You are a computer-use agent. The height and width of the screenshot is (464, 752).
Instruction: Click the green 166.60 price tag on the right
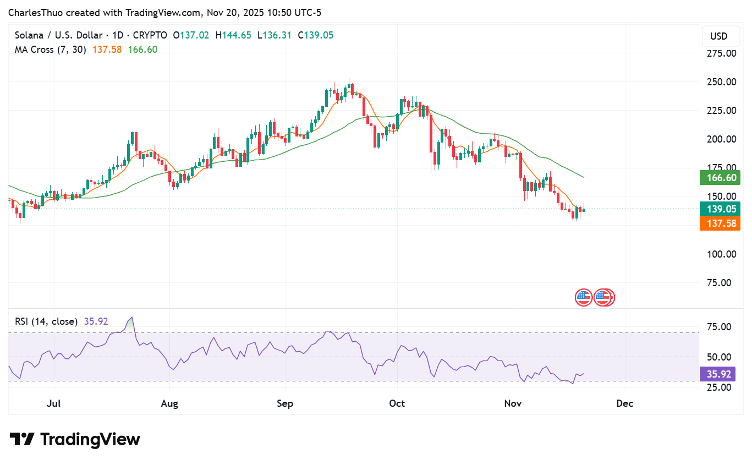pos(720,177)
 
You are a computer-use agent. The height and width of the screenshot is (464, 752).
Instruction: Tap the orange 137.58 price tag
pos(720,223)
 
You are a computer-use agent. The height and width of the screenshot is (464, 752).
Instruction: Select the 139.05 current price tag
pos(720,209)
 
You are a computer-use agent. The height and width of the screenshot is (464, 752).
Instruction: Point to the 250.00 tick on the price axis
pos(722,82)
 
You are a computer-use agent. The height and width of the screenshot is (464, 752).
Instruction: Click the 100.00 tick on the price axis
pos(722,254)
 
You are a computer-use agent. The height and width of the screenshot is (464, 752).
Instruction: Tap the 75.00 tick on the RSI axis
pos(719,327)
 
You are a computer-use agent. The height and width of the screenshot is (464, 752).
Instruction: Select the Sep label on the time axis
pos(285,403)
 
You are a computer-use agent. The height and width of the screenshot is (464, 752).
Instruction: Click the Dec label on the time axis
pos(625,403)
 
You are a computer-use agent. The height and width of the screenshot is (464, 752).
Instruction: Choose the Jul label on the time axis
pos(54,403)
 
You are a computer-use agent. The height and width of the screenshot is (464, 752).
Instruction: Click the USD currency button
pos(718,36)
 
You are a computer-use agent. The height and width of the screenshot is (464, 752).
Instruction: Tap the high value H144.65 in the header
pos(233,35)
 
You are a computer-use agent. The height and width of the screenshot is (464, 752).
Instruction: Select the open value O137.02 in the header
pos(191,35)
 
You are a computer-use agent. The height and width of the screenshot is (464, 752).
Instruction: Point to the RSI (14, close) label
pos(46,321)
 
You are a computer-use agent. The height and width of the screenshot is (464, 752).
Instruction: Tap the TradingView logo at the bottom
pos(75,439)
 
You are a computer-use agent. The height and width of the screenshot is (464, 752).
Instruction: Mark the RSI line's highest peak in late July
pos(130,318)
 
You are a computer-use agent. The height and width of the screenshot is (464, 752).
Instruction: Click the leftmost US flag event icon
pos(583,298)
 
